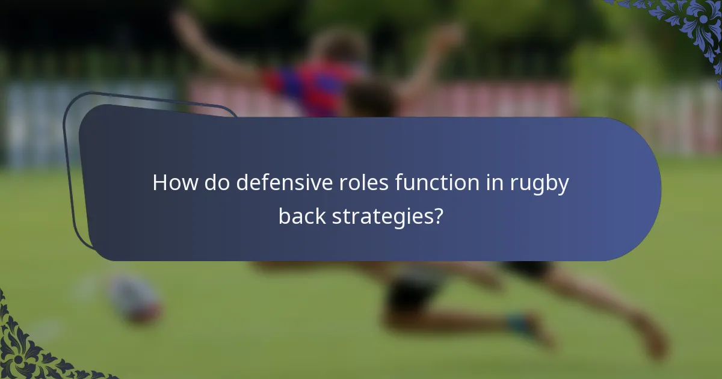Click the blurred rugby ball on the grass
pos(135,298)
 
